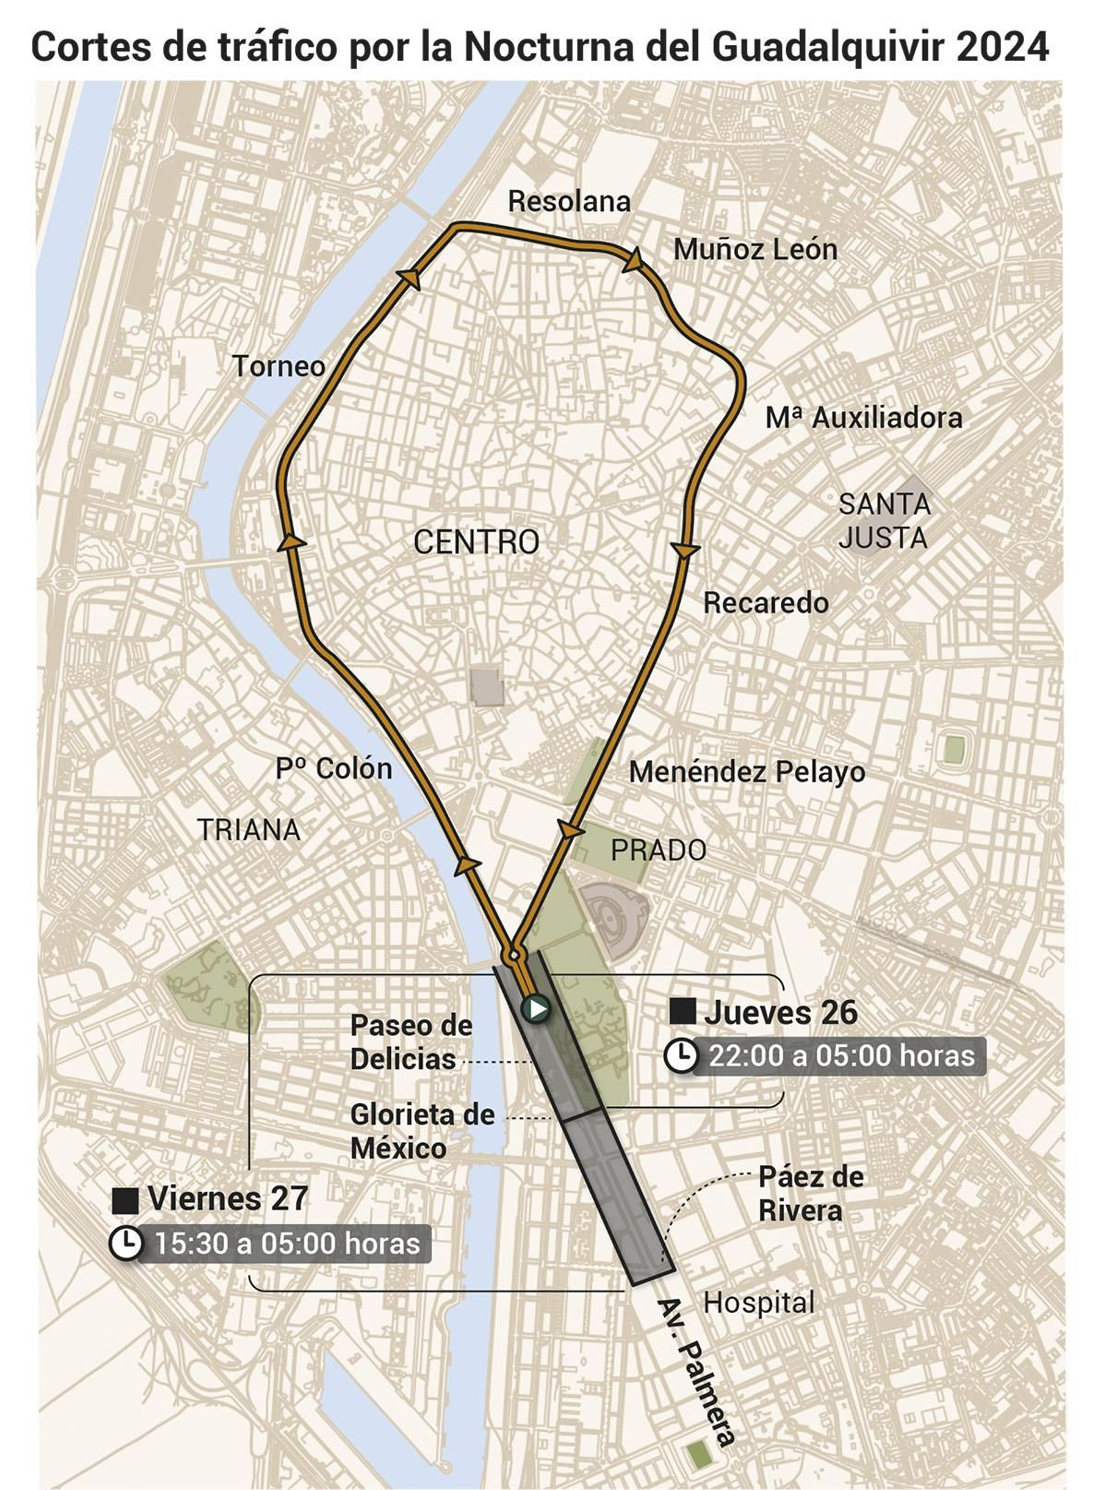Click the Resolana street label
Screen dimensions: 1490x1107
click(569, 201)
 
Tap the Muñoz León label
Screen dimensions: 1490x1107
click(755, 250)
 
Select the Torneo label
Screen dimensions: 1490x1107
click(279, 366)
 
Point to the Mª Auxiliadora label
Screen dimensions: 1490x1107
click(863, 418)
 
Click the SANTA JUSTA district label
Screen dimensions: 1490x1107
click(884, 521)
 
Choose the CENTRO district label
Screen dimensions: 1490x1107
click(476, 542)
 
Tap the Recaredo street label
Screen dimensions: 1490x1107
click(766, 603)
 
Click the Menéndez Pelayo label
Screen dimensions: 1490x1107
click(747, 772)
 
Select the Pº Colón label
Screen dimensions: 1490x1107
click(333, 768)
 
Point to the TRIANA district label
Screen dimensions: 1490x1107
click(249, 830)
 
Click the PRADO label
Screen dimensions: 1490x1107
click(658, 850)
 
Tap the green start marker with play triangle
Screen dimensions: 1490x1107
click(536, 1009)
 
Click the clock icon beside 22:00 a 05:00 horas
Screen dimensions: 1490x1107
click(681, 1056)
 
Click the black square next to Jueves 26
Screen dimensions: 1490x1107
click(683, 1012)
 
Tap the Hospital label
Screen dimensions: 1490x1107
click(758, 1303)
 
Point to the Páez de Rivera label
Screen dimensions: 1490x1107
click(810, 1194)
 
